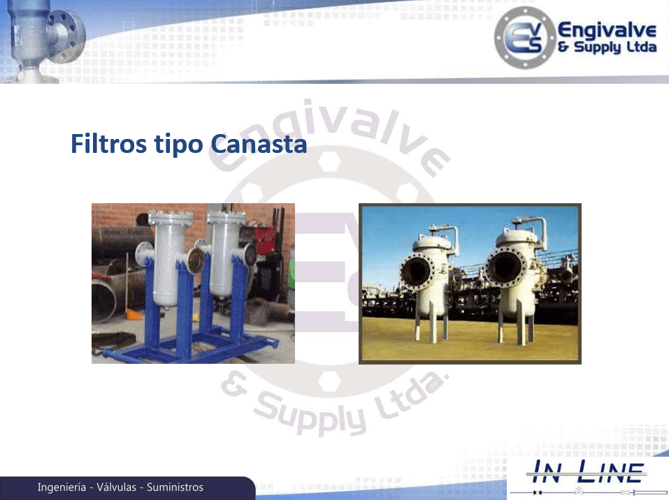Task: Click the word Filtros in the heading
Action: [109, 143]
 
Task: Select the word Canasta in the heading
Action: [259, 144]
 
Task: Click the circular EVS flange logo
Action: [524, 38]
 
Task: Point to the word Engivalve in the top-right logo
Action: [607, 31]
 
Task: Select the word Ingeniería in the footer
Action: [62, 487]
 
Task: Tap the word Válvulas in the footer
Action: [116, 487]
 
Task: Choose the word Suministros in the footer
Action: [175, 487]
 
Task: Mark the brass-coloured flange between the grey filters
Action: [196, 260]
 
